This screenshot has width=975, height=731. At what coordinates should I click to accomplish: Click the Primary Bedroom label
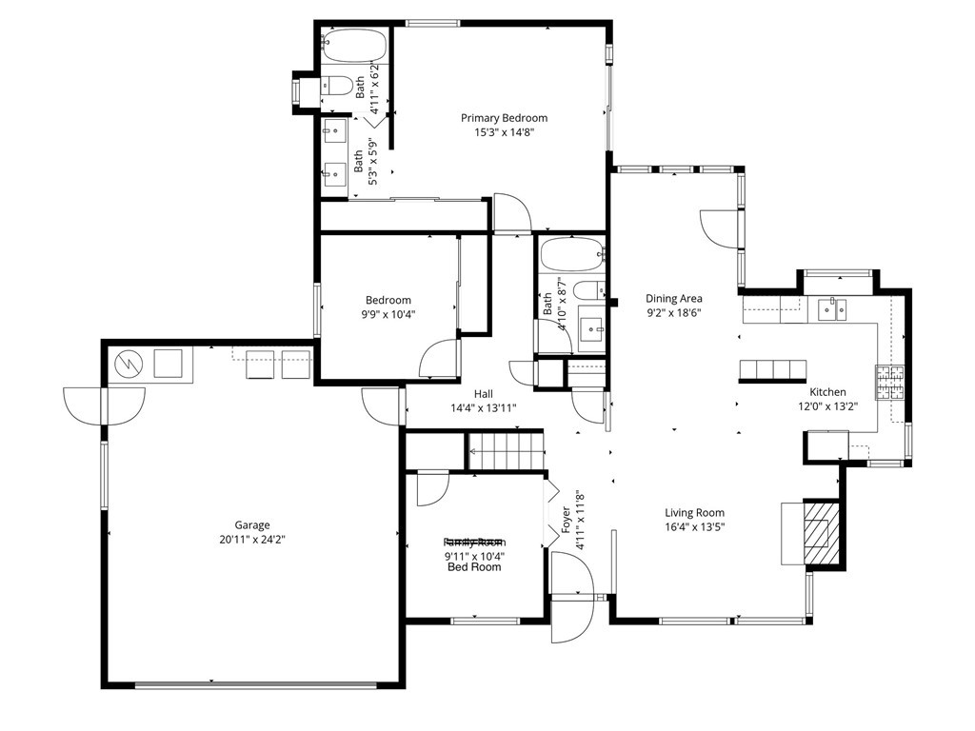point(504,118)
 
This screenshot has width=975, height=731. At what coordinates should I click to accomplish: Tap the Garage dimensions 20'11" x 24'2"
point(252,540)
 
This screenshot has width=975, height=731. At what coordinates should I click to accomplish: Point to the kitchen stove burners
point(889,383)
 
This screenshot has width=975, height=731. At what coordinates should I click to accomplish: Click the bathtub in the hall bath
point(571,255)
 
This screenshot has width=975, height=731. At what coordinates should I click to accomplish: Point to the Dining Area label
point(673,298)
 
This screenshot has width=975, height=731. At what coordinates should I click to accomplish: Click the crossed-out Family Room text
point(474,542)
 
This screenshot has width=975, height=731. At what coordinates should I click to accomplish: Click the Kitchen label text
point(827,392)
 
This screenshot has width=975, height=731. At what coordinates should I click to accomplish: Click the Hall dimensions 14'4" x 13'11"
point(484,407)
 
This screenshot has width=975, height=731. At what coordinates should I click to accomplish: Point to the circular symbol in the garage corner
point(127,364)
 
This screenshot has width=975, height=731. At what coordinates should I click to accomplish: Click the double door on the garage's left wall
point(104,405)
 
